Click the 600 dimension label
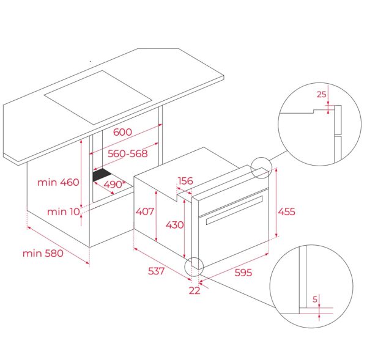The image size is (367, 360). [123, 132]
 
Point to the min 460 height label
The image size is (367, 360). [59, 182]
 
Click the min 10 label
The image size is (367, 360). [62, 211]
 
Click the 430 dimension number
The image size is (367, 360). [174, 224]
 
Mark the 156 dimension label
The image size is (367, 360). [185, 181]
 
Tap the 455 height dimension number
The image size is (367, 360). [287, 212]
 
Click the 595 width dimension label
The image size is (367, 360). [243, 272]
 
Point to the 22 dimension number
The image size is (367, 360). [194, 291]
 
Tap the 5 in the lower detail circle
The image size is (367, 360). [315, 299]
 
